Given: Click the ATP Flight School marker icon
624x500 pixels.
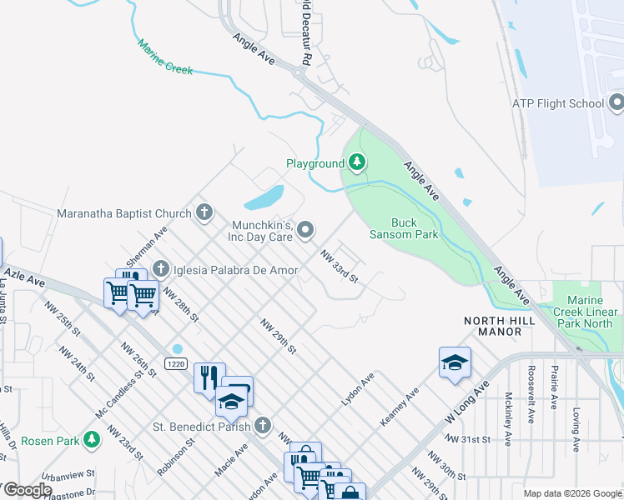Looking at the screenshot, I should pos(616,103).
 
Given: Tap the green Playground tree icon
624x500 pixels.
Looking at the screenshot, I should pos(357,162).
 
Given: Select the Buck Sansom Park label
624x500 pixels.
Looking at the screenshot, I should pos(415,228).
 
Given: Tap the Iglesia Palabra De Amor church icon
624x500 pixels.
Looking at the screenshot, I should pos(162,269).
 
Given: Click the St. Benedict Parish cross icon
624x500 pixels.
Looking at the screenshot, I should pos(263,426).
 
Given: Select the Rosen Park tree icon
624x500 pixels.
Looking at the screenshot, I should pos(92,438).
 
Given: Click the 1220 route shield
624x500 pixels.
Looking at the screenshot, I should pos(175,364).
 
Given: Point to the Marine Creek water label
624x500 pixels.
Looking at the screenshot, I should pos(165,57).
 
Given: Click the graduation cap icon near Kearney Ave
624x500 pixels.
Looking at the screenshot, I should pos(455,362).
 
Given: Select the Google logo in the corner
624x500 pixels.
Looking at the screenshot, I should pos(27,489).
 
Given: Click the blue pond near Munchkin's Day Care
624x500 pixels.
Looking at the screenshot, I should pos(264,198).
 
